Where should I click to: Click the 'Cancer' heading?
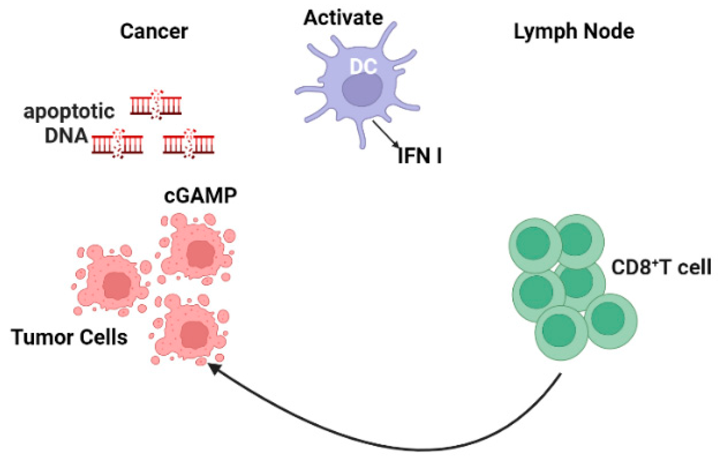(x=154, y=31)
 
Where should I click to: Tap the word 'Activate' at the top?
(x=343, y=18)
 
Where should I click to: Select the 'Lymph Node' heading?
(x=574, y=31)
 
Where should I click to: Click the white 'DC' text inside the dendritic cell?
(x=363, y=66)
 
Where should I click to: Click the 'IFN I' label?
(x=419, y=156)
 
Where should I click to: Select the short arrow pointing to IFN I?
(x=385, y=134)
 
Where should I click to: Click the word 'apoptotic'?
(x=69, y=111)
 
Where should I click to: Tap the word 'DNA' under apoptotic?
(x=66, y=136)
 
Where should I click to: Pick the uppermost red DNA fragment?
(x=156, y=105)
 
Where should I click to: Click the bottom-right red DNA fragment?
(x=188, y=144)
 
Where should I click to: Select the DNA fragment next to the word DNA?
(x=117, y=144)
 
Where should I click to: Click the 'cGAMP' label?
(x=200, y=196)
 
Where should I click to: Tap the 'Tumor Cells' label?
(x=69, y=337)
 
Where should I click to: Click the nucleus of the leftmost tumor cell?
(x=117, y=285)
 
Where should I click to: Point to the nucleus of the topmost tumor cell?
(x=200, y=254)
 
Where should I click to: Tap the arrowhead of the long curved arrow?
(x=214, y=369)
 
